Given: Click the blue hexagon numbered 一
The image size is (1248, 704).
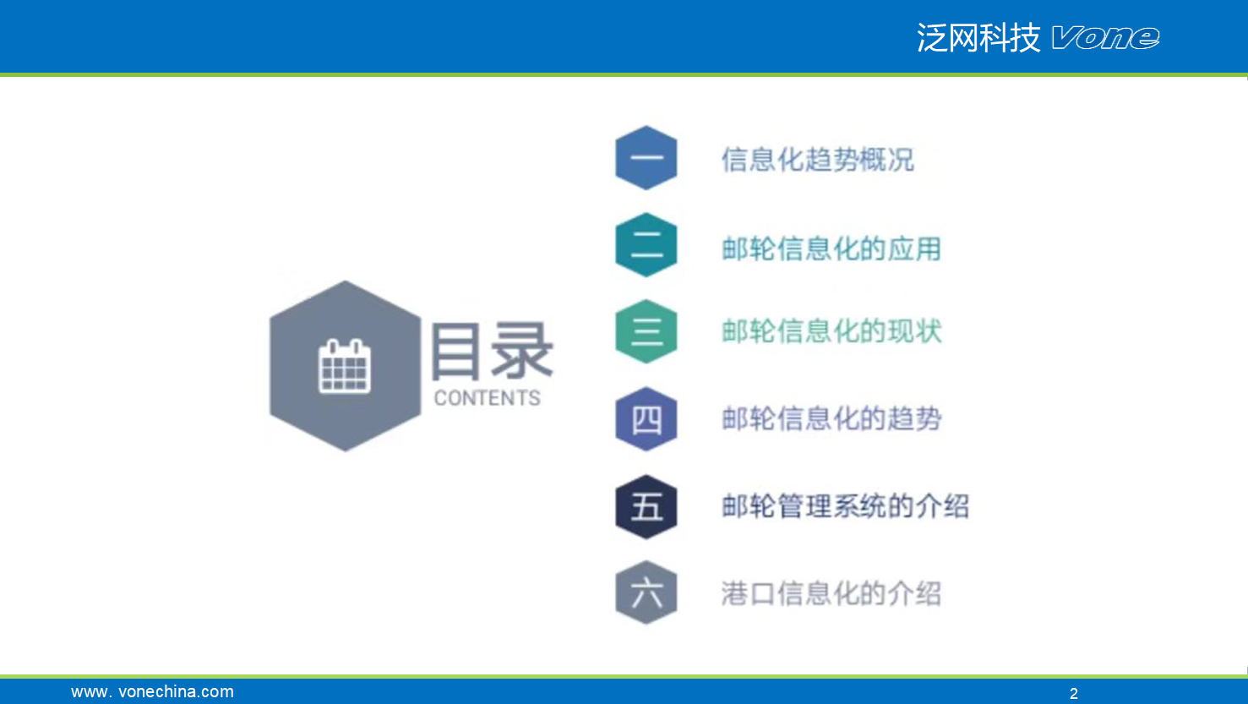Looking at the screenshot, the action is pyautogui.click(x=646, y=158).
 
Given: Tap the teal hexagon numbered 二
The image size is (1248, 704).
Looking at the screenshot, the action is pyautogui.click(x=646, y=245).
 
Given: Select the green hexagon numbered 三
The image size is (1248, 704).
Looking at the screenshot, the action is pyautogui.click(x=646, y=331).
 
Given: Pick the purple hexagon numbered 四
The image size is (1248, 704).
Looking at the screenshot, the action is pyautogui.click(x=646, y=418).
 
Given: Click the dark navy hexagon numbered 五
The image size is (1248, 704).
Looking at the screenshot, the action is pyautogui.click(x=646, y=507).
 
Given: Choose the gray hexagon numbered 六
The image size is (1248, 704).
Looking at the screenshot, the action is pyautogui.click(x=646, y=592).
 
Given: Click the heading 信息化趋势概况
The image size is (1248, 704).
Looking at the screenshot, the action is pyautogui.click(x=818, y=160).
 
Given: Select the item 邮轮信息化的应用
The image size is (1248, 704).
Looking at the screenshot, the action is pyautogui.click(x=831, y=248).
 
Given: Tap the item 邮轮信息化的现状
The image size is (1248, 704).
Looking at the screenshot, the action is pyautogui.click(x=831, y=331).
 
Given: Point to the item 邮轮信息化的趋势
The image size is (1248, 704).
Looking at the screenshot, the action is pyautogui.click(x=831, y=418).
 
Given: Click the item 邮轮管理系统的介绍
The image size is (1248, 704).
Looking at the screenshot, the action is pyautogui.click(x=845, y=507).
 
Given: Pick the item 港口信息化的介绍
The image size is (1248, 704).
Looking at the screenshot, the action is pyautogui.click(x=831, y=593).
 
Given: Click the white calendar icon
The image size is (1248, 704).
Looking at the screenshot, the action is pyautogui.click(x=344, y=366).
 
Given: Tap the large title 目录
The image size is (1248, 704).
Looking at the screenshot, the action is pyautogui.click(x=492, y=351).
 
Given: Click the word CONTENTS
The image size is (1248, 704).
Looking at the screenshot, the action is pyautogui.click(x=487, y=398).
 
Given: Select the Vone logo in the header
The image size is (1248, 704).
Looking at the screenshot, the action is pyautogui.click(x=1106, y=38).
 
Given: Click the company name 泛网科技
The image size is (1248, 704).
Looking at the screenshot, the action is pyautogui.click(x=978, y=38).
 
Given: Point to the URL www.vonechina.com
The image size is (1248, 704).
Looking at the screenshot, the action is pyautogui.click(x=152, y=691).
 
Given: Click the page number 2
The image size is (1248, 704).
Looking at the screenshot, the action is pyautogui.click(x=1074, y=693).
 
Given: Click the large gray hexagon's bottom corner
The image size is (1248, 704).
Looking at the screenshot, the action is pyautogui.click(x=346, y=451).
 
